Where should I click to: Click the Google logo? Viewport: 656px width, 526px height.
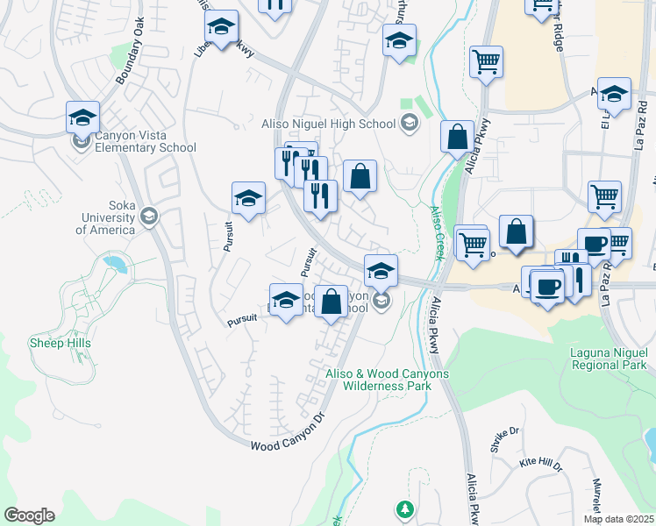click(29, 515)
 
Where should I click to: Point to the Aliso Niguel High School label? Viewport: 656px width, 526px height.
click(330, 124)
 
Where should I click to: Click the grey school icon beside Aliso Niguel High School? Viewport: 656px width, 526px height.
click(408, 124)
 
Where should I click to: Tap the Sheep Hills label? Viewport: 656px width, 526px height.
click(60, 343)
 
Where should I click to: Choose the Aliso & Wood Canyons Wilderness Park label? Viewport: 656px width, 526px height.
click(387, 380)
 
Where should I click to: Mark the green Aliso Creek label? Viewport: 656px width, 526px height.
click(436, 232)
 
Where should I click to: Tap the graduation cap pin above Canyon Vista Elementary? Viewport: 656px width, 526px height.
click(83, 116)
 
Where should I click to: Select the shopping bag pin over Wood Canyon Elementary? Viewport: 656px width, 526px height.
click(331, 302)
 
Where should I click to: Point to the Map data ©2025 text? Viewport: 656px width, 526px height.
click(619, 519)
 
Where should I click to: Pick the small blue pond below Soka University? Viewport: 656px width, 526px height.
click(113, 262)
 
